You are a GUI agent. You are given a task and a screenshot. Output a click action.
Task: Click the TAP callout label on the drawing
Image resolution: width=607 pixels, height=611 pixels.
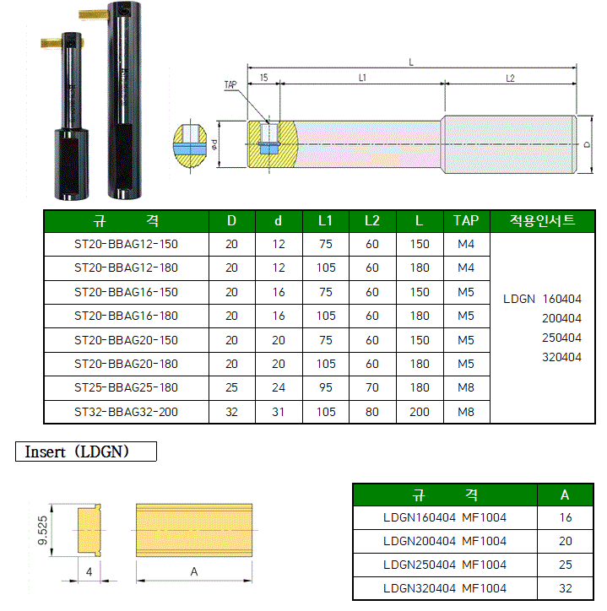(230, 84)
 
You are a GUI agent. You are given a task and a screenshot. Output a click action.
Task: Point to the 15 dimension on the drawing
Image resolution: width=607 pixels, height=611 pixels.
(264, 78)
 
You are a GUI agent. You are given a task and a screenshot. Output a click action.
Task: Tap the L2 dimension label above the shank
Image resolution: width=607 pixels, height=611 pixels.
(510, 78)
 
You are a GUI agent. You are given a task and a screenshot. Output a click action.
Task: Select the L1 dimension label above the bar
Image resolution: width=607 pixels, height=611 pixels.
(362, 78)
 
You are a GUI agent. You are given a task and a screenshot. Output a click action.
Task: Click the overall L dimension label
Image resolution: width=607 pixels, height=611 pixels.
(411, 62)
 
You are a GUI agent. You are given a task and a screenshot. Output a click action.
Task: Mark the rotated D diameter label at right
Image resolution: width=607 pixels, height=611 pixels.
(587, 144)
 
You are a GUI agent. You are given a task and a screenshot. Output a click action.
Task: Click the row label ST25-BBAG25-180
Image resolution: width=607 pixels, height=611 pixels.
(126, 387)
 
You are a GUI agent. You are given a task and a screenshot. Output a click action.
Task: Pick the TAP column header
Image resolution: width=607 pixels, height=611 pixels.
(466, 220)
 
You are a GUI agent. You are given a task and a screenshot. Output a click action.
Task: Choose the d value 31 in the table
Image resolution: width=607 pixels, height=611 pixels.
(279, 412)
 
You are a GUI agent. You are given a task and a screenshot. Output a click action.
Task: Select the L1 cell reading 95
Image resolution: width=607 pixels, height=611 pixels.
(326, 387)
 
